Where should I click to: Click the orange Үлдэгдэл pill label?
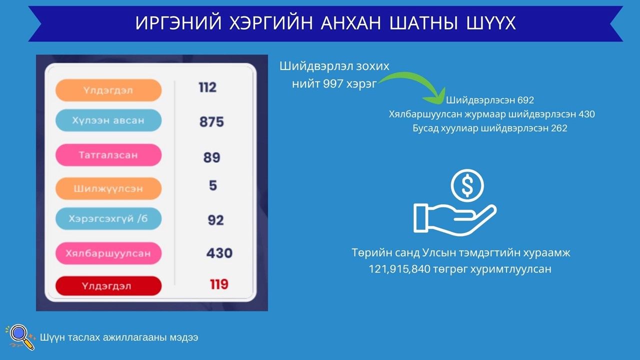[x=108, y=90]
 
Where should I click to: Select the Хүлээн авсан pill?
[x=108, y=120]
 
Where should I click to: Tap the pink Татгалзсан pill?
[x=108, y=155]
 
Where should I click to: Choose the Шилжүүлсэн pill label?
[x=108, y=188]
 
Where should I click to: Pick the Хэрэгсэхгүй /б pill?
[x=108, y=218]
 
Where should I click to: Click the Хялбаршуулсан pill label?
[x=108, y=253]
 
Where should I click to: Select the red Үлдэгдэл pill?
[x=108, y=285]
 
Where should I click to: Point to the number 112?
[x=207, y=87]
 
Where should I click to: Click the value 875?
[x=211, y=121]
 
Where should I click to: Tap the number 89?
[x=211, y=157]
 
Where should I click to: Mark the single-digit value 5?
[x=213, y=185]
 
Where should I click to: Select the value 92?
[x=215, y=220]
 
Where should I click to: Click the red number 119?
[x=219, y=284]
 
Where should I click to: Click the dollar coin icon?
[x=467, y=185]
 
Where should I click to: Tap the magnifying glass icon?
[x=20, y=337]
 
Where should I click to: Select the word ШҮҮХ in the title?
[x=491, y=23]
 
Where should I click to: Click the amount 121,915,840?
[x=399, y=269]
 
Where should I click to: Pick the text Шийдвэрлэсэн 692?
[x=490, y=100]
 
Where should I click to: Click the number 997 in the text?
[x=333, y=83]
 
